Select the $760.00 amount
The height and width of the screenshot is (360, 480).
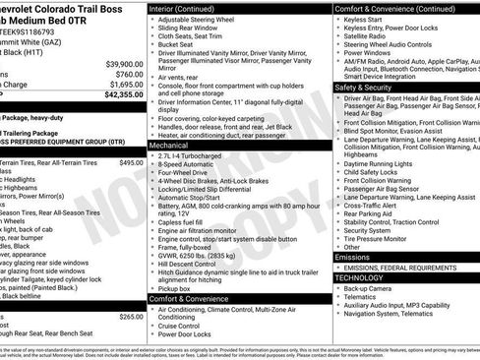128,74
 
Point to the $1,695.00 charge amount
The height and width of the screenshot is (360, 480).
124,85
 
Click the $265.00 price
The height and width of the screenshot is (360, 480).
131,317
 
